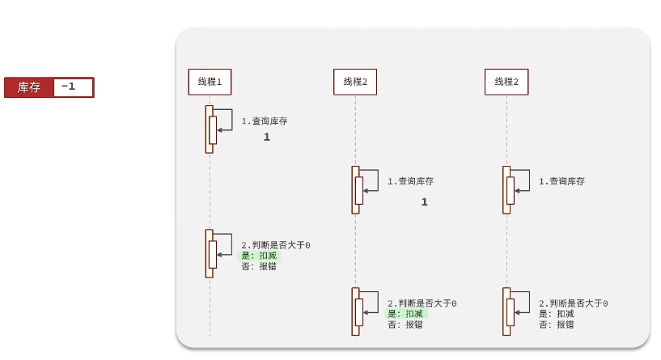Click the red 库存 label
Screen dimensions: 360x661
(29, 87)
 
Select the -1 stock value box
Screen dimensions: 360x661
(73, 87)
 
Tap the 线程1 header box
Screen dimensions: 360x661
(210, 82)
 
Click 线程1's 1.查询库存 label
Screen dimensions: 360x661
(265, 121)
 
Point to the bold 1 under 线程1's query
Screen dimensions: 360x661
(266, 138)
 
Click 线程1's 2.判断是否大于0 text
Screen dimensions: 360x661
(276, 245)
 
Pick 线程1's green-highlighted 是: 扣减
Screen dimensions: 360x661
(259, 256)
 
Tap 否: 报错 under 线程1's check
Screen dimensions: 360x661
(259, 266)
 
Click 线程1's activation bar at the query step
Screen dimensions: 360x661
(210, 129)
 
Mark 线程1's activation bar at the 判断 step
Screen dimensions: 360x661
(210, 253)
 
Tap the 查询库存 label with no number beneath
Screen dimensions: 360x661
(561, 182)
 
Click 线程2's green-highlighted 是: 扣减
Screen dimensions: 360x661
(405, 314)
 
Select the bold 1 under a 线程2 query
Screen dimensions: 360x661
(424, 202)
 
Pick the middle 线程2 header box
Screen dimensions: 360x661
(355, 82)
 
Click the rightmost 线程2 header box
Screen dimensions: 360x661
(506, 82)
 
